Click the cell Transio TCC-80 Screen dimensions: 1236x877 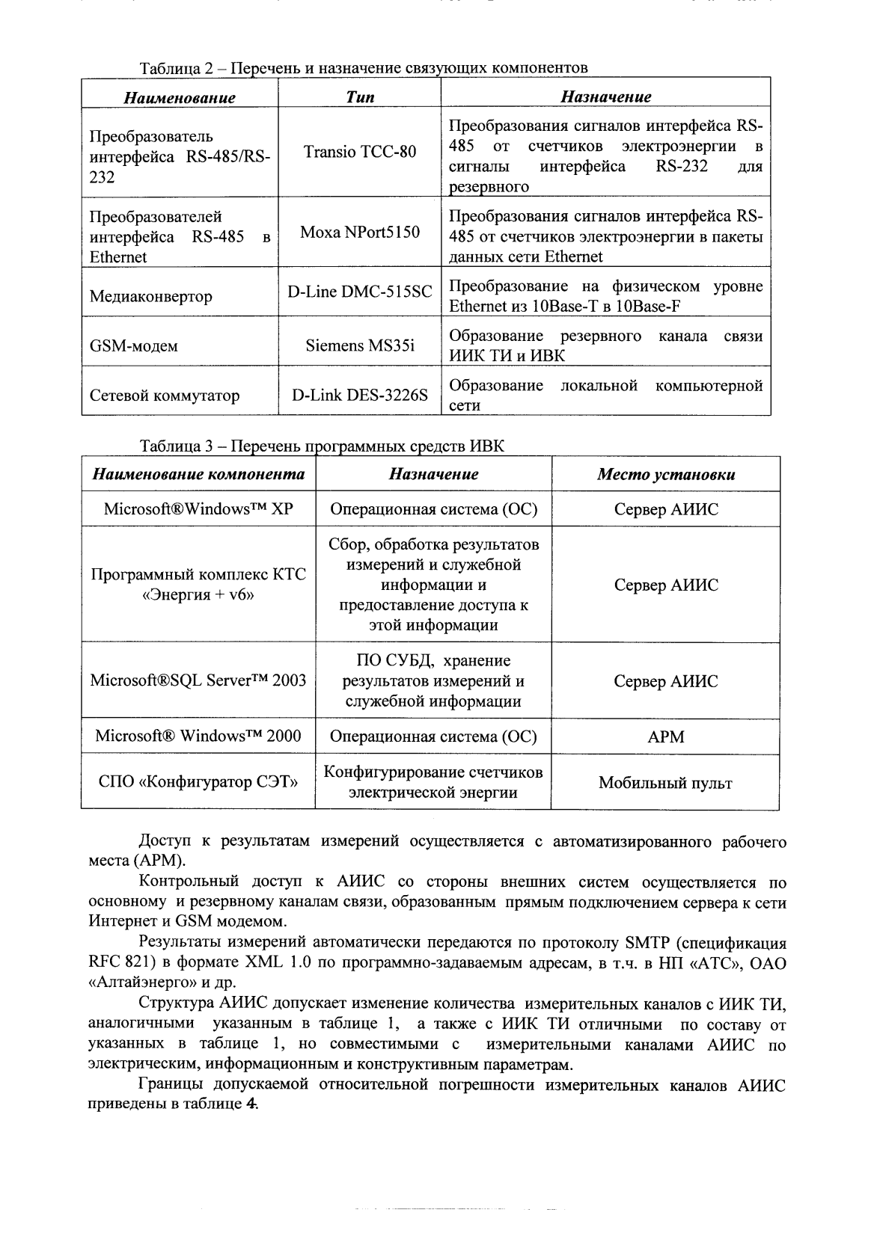pyautogui.click(x=359, y=153)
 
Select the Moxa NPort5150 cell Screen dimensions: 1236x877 pyautogui.click(x=359, y=232)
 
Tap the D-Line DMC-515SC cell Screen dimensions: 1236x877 pyautogui.click(x=359, y=292)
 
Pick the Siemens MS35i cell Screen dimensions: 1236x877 pyautogui.click(x=359, y=346)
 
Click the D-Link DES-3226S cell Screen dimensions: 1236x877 pyautogui.click(x=359, y=396)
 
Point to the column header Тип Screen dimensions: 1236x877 pyautogui.click(x=360, y=97)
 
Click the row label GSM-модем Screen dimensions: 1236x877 pyautogui.click(x=134, y=346)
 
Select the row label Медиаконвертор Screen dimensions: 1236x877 pyautogui.click(x=150, y=297)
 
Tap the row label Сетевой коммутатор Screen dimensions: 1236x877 pyautogui.click(x=165, y=396)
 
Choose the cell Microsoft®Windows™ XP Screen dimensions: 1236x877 pyautogui.click(x=198, y=509)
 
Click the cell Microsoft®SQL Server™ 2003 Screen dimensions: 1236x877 pyautogui.click(x=198, y=681)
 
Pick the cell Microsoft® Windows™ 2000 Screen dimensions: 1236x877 pyautogui.click(x=198, y=736)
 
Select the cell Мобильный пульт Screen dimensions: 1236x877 pyautogui.click(x=665, y=784)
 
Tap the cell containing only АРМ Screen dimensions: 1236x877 pyautogui.click(x=665, y=737)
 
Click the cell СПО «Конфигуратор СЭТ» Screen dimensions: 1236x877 pyautogui.click(x=198, y=783)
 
